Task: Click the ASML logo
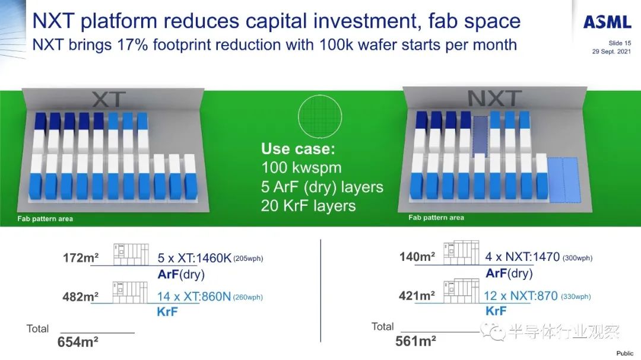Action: point(607,22)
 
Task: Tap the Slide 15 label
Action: point(620,43)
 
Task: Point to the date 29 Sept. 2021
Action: point(611,52)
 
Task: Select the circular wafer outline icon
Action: point(320,116)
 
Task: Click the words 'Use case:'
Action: point(298,149)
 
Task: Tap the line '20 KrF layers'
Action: point(308,206)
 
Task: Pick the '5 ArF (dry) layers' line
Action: point(322,187)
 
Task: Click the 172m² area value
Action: point(81,258)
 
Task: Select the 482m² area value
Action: point(81,297)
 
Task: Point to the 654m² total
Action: point(78,342)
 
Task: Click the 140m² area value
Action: point(417,257)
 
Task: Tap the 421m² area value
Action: point(417,295)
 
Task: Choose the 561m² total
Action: point(415,341)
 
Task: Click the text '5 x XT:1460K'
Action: point(195,258)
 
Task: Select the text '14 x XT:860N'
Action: point(194,297)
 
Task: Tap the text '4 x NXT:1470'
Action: point(522,257)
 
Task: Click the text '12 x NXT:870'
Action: point(521,295)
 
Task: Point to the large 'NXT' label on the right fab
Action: point(494,98)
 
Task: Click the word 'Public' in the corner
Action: point(624,353)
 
